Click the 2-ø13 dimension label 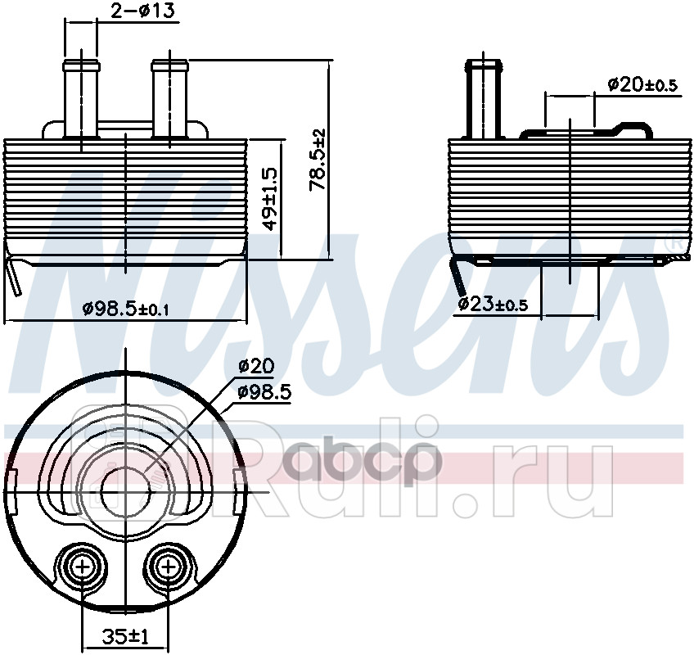coord(142,11)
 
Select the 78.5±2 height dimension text coord(318,160)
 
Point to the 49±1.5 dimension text coord(269,198)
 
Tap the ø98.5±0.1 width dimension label coord(126,309)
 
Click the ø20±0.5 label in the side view coord(642,84)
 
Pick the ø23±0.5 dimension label coord(493,305)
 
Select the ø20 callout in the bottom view coord(256,365)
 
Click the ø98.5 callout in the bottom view coord(264,392)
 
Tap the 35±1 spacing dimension coord(126,637)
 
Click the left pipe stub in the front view coord(81,99)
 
